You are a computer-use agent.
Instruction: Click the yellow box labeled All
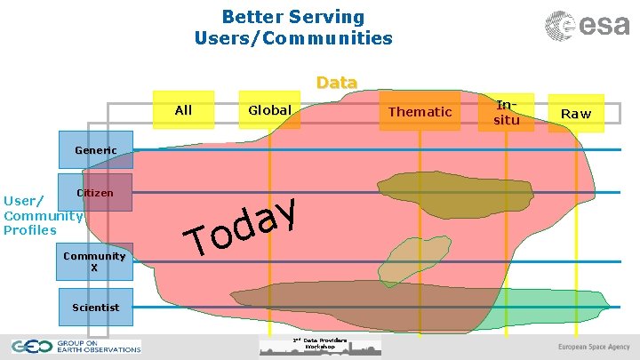(183, 110)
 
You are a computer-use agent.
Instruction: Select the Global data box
(269, 110)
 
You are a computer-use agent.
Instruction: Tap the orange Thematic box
(420, 111)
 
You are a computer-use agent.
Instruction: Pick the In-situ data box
(507, 112)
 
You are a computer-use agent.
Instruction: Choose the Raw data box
(575, 114)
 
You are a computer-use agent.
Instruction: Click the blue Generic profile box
(95, 150)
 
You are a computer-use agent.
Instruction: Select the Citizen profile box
(95, 193)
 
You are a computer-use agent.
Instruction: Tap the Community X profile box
(95, 261)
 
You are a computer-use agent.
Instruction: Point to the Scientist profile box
(95, 307)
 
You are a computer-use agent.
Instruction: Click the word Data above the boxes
(337, 83)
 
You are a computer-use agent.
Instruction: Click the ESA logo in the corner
(588, 26)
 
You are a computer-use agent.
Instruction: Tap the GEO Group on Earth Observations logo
(76, 347)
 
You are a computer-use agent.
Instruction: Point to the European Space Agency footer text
(594, 347)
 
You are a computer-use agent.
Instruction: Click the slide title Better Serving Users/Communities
(293, 28)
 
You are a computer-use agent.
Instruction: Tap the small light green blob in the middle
(408, 257)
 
